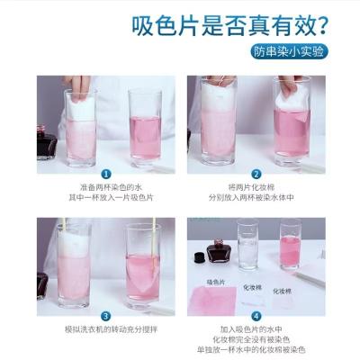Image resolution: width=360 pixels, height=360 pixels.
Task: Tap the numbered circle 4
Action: coord(256,315)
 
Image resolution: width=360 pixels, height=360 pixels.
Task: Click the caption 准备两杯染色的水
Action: coord(106,187)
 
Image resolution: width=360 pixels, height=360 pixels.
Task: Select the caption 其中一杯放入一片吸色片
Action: coord(106,197)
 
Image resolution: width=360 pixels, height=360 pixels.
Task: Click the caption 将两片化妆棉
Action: coord(256,187)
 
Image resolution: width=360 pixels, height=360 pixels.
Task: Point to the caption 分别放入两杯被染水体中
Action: coord(256,197)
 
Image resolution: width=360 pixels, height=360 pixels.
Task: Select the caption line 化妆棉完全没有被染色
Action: coord(256,339)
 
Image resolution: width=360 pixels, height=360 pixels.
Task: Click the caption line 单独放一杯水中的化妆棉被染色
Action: coord(256,349)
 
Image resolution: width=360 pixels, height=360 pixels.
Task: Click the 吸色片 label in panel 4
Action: coord(215,283)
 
